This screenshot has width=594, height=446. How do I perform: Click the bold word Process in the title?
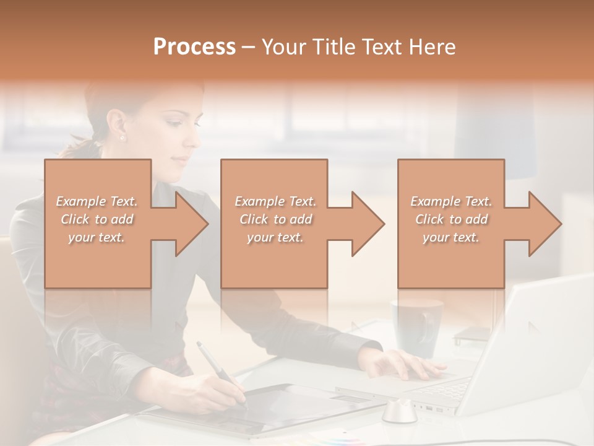(194, 47)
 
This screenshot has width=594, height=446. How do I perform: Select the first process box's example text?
(97, 219)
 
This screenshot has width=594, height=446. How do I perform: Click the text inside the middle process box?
(275, 219)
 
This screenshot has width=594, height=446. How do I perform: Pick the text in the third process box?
(451, 219)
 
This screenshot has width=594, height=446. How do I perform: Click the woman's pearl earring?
(122, 138)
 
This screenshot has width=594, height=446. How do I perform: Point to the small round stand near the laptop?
(399, 412)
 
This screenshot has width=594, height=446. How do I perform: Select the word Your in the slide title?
(285, 47)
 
